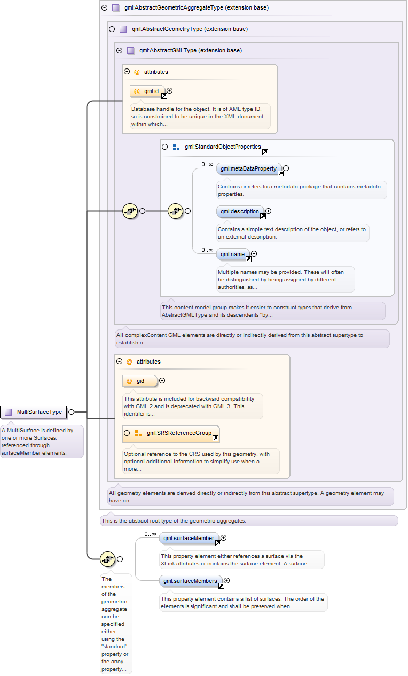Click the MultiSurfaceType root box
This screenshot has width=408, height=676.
pyautogui.click(x=34, y=412)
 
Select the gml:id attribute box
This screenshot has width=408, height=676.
pyautogui.click(x=147, y=91)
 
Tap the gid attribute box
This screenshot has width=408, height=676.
pyautogui.click(x=140, y=381)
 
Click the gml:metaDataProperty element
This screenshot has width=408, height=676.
pyautogui.click(x=249, y=168)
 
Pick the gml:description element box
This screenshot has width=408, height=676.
pyautogui.click(x=240, y=212)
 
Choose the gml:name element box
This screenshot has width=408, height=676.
pyautogui.click(x=233, y=255)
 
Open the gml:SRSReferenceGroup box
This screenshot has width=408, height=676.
pyautogui.click(x=171, y=433)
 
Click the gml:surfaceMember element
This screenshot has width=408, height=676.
pyautogui.click(x=189, y=539)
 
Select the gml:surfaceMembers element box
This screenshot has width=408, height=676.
pyautogui.click(x=191, y=581)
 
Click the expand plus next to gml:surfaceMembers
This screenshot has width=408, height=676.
pyautogui.click(x=227, y=580)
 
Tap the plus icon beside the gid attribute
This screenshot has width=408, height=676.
pyautogui.click(x=162, y=381)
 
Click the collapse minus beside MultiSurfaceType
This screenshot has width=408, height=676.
pyautogui.click(x=72, y=412)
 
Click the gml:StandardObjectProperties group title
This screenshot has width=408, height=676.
pyautogui.click(x=223, y=147)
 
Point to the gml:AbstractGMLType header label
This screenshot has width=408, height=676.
pyautogui.click(x=191, y=50)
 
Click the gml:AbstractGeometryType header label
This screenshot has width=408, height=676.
pyautogui.click(x=190, y=29)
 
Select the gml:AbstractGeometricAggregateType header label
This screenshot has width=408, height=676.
pyautogui.click(x=197, y=7)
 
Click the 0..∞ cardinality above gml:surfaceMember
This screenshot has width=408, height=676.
pyautogui.click(x=150, y=534)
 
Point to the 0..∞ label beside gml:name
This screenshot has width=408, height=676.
pyautogui.click(x=207, y=250)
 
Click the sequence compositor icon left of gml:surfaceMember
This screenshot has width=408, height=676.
pyautogui.click(x=107, y=559)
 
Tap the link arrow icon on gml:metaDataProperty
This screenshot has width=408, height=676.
pyautogui.click(x=280, y=173)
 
